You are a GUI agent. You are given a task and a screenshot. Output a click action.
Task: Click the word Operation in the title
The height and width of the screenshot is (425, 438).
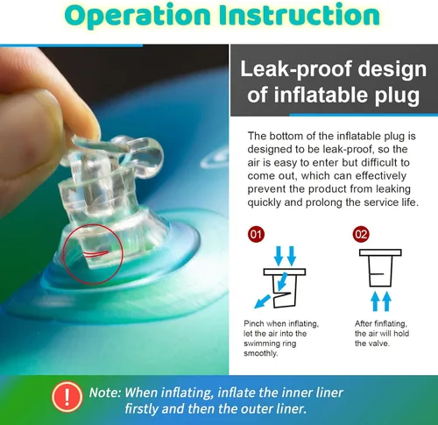click(138, 16)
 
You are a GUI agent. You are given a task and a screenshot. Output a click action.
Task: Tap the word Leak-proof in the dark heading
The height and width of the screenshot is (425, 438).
click(296, 70)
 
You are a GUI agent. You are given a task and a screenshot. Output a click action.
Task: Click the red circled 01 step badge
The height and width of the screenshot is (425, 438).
click(256, 234)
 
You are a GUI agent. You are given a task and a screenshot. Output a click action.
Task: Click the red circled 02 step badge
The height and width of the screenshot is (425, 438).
click(361, 234)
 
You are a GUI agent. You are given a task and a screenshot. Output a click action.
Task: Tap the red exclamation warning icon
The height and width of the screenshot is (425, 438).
click(67, 397)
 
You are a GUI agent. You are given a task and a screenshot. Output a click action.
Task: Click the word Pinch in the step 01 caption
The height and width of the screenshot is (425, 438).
click(254, 323)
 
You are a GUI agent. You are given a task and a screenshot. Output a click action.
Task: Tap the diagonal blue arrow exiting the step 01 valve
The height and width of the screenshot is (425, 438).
click(263, 301)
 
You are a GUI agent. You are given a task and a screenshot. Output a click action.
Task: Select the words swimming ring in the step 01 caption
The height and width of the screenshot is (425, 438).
click(270, 344)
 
